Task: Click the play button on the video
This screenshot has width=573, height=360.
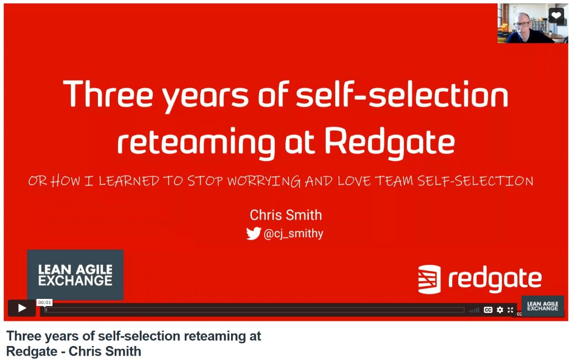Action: point(22,308)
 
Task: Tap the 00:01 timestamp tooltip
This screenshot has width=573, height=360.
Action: point(45,303)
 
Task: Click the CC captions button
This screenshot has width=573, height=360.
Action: point(488,310)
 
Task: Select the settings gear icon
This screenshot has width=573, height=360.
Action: point(500,310)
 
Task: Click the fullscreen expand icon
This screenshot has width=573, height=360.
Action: point(510,310)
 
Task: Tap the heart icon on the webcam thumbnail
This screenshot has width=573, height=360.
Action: point(556,15)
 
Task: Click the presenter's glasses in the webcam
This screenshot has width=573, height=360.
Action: point(523,25)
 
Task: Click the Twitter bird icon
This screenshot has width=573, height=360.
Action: point(253,233)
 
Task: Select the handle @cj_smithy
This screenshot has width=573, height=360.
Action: point(293,233)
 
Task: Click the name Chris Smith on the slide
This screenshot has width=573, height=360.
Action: point(286,215)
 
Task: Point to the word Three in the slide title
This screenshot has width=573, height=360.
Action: point(108,93)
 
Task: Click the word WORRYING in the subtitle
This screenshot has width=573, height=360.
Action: point(264,181)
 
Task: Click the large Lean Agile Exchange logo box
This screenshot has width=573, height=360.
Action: point(76,275)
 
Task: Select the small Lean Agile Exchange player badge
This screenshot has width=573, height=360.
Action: point(543,306)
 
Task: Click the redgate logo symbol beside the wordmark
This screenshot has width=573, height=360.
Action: point(429,279)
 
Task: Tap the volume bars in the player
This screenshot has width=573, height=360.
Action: point(474,310)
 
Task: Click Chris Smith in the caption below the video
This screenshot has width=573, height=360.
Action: point(105,351)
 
